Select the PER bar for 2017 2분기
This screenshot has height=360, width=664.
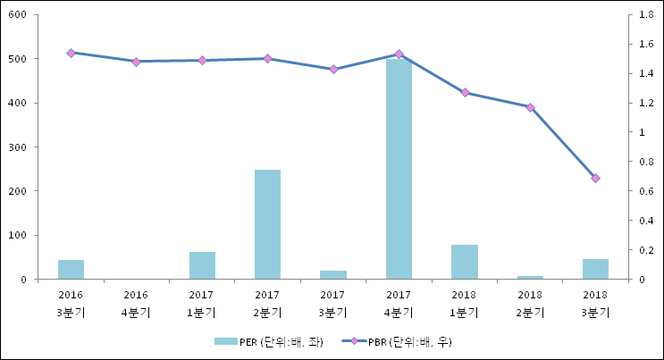pyautogui.click(x=267, y=224)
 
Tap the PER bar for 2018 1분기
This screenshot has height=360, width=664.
pyautogui.click(x=464, y=262)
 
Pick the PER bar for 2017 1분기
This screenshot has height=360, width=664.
pyautogui.click(x=202, y=265)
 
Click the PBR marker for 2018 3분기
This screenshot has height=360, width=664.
pyautogui.click(x=595, y=179)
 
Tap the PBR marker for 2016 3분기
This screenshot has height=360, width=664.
pyautogui.click(x=71, y=53)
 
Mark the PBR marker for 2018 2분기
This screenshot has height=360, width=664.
pyautogui.click(x=530, y=107)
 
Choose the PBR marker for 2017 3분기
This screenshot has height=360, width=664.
pyautogui.click(x=333, y=69)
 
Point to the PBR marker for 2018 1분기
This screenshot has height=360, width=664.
pyautogui.click(x=465, y=92)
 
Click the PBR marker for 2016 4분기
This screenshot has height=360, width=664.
pyautogui.click(x=136, y=62)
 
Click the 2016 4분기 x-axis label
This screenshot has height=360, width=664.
pyautogui.click(x=136, y=303)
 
